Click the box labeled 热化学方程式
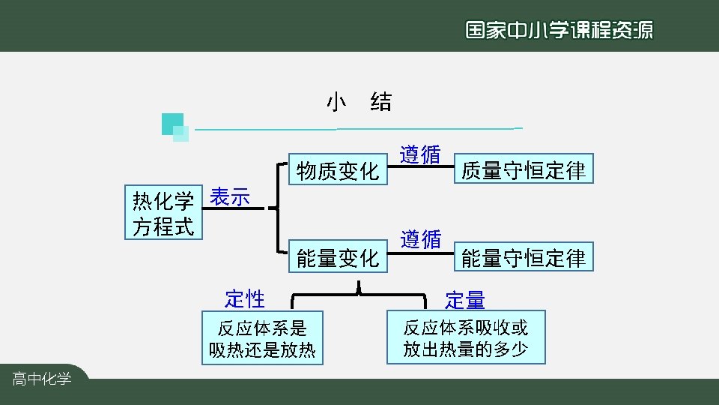(163, 213)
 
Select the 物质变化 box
(338, 171)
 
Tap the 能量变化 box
(338, 257)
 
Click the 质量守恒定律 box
(524, 169)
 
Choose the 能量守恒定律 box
(524, 257)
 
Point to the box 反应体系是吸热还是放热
(262, 338)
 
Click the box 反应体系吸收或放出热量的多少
(466, 337)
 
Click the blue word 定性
(245, 298)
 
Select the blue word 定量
(465, 301)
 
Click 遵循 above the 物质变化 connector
(419, 154)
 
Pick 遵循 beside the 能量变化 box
(420, 239)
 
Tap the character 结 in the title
(380, 102)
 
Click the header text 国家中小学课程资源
(559, 30)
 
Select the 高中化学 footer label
(42, 379)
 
